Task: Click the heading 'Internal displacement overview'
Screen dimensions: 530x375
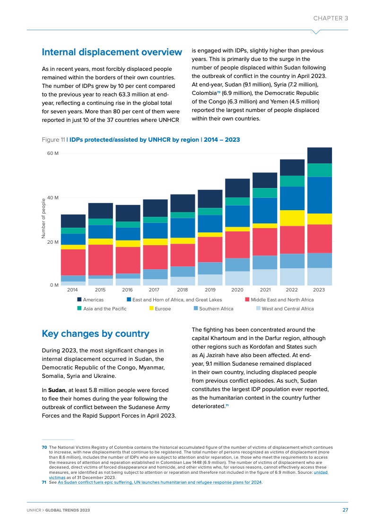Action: point(112,52)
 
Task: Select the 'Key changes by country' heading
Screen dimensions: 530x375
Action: point(96,333)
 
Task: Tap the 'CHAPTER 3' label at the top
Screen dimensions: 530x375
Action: point(331,18)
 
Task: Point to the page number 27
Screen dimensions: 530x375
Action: point(345,510)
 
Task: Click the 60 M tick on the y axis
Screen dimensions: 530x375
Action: point(52,154)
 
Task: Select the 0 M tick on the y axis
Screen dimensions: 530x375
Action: point(54,285)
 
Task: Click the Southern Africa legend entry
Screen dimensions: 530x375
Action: point(216,308)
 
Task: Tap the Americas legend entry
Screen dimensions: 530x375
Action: point(93,299)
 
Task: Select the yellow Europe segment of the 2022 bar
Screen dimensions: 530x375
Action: point(292,218)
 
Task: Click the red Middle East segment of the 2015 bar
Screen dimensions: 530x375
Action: point(100,260)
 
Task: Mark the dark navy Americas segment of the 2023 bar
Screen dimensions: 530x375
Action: point(319,155)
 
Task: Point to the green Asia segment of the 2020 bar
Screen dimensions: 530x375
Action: point(237,201)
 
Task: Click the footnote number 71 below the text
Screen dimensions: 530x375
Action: point(44,482)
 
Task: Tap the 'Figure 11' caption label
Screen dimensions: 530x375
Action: point(53,140)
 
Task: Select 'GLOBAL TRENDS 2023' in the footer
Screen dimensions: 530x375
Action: point(68,511)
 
